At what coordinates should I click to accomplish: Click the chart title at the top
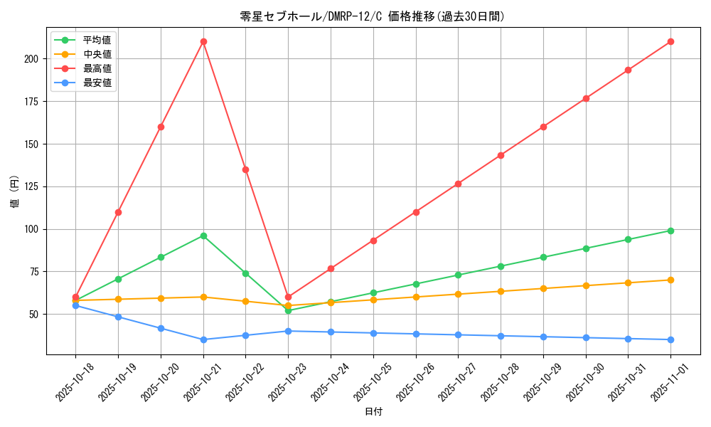373,16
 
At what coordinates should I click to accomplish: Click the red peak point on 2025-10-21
203,41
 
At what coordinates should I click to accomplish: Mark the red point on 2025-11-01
670,41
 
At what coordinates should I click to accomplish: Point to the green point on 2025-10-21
203,236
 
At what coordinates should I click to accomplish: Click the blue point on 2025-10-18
75,305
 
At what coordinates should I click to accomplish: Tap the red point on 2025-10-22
245,169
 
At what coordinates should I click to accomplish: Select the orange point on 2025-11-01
670,280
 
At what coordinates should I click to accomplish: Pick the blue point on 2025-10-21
203,339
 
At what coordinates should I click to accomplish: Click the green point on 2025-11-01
670,231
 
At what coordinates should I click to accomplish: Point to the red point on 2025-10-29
543,127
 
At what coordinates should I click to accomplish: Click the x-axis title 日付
373,412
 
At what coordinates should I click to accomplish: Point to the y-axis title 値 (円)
14,192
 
